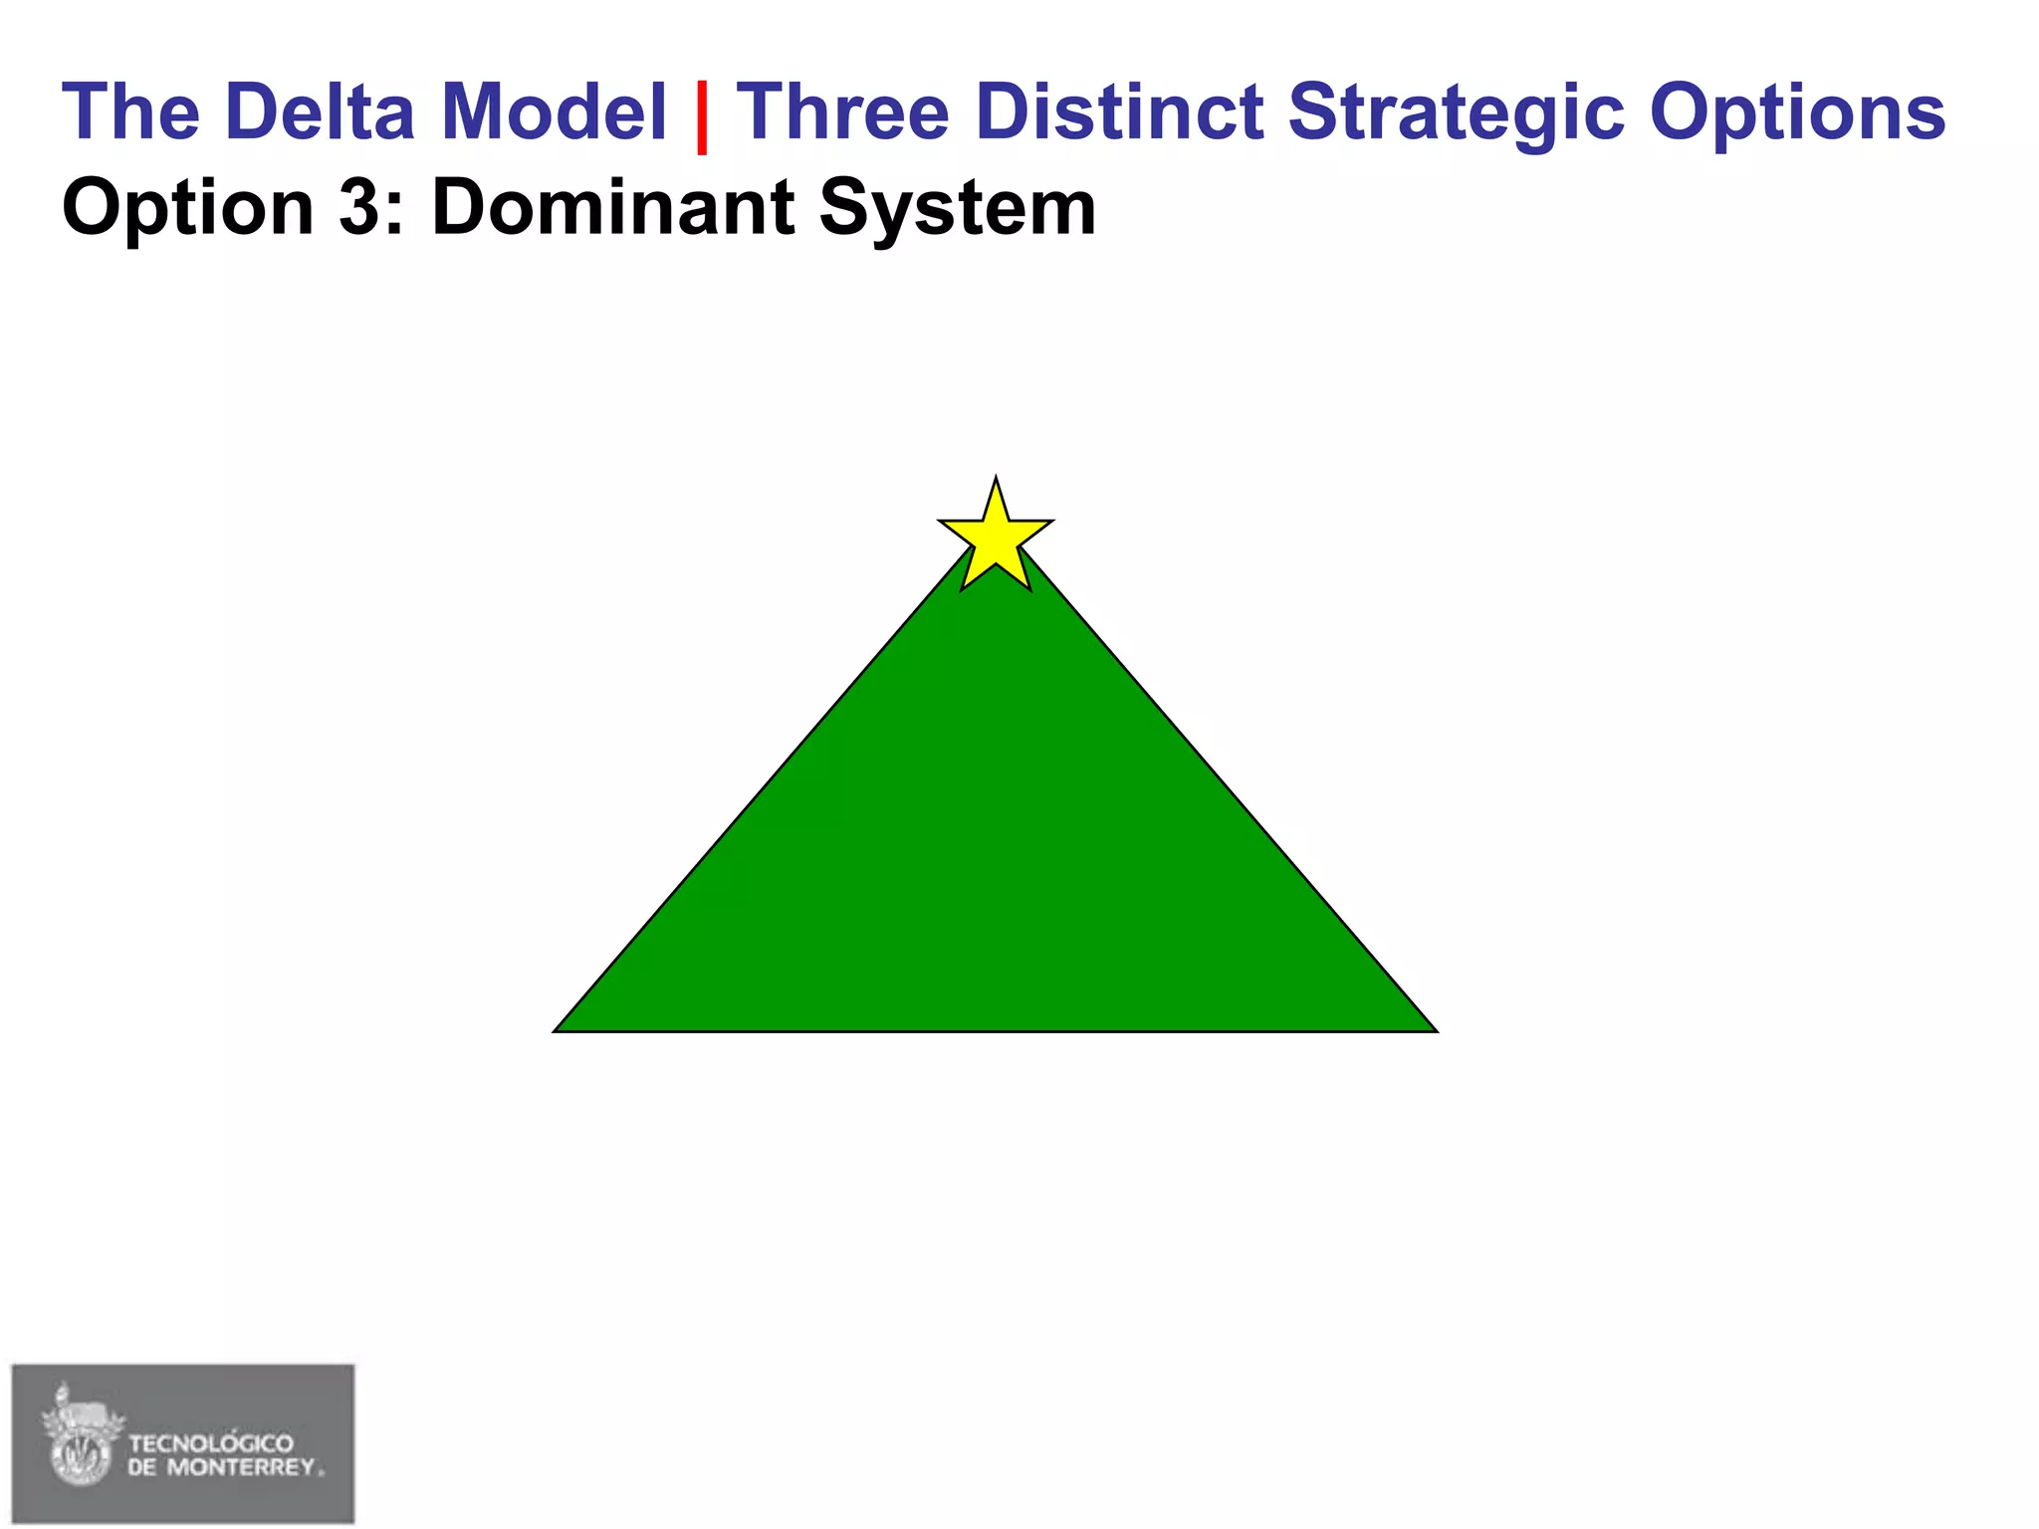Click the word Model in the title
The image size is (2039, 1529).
pos(554,111)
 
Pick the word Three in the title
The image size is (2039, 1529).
pos(843,111)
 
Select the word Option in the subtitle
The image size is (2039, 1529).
pos(188,209)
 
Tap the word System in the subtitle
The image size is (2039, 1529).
pos(957,209)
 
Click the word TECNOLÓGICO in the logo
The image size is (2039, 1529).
pos(211,1443)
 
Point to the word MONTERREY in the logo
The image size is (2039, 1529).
pos(241,1467)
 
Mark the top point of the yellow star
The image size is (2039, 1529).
pos(996,480)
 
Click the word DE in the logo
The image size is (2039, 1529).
pos(142,1467)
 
